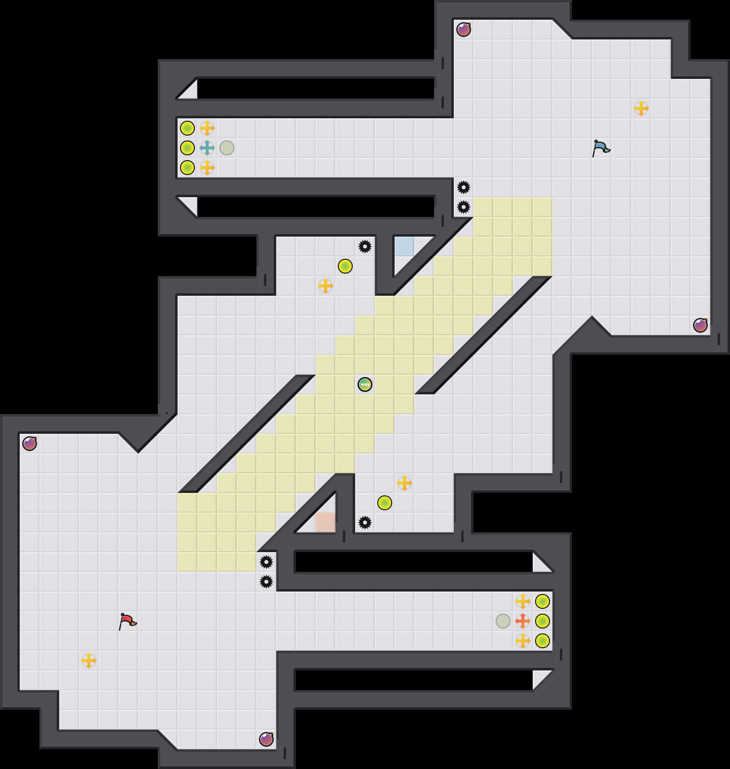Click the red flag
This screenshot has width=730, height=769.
pos(127,621)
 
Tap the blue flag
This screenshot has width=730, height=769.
pos(601,148)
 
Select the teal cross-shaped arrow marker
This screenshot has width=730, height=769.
pos(207,148)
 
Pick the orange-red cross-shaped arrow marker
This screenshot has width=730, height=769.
pos(523,621)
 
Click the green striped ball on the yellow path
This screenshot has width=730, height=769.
pos(365,384)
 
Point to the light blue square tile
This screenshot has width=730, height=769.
pos(404,246)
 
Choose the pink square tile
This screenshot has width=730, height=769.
pos(326,523)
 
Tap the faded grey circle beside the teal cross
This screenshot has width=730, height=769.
pos(227,148)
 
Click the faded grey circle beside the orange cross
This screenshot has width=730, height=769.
pos(503,621)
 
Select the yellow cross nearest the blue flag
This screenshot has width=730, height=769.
pos(641,108)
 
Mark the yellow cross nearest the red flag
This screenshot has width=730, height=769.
pos(89,661)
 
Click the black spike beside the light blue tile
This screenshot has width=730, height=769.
pos(365,246)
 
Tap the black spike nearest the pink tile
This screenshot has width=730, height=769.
pos(365,523)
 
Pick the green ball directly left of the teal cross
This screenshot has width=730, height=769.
pos(187,148)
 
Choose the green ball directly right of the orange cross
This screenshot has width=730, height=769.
pos(543,621)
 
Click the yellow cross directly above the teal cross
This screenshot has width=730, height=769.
pos(207,128)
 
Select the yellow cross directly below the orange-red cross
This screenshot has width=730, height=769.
pos(523,641)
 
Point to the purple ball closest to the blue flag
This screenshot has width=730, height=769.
pos(464,30)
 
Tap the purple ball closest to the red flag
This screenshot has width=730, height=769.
pos(266,739)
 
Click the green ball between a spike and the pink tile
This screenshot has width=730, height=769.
pos(385,503)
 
